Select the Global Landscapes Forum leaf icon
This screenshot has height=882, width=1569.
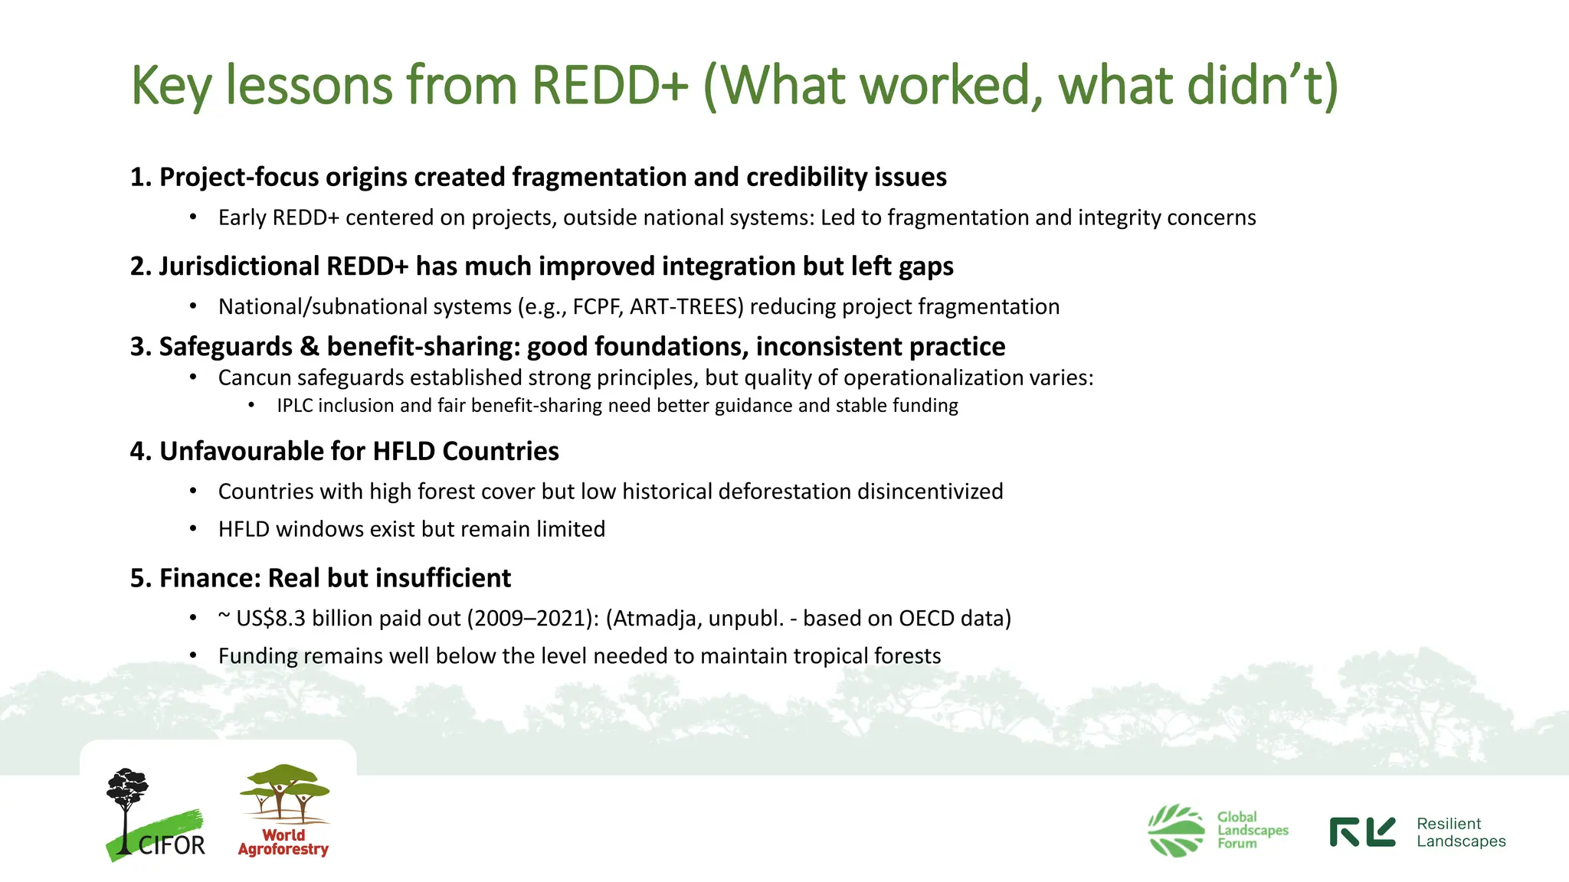pyautogui.click(x=1176, y=830)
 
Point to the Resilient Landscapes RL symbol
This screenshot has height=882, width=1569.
pyautogui.click(x=1362, y=832)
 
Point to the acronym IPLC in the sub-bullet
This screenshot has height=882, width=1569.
pyautogui.click(x=295, y=405)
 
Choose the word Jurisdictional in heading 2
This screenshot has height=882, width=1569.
pyautogui.click(x=239, y=266)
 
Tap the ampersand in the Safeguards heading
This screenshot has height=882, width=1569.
pyautogui.click(x=310, y=347)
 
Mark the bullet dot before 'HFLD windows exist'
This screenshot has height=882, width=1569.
pyautogui.click(x=194, y=529)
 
